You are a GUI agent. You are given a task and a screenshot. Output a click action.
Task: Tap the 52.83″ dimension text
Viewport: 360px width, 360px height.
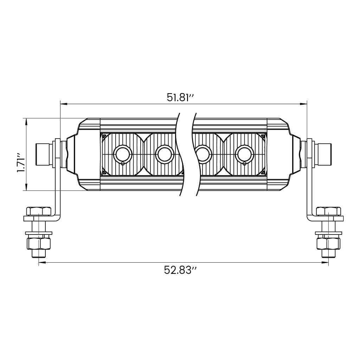click(180, 270)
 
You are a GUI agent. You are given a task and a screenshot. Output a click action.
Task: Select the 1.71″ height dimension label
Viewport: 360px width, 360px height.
click(21, 163)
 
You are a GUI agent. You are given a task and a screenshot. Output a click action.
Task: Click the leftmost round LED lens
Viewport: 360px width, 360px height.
click(122, 154)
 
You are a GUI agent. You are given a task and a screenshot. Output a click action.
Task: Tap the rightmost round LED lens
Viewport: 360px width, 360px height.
click(245, 154)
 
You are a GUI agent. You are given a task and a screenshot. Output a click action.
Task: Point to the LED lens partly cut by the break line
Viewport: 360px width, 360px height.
click(202, 154)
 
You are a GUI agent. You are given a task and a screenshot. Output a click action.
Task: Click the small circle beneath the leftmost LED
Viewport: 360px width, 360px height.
click(122, 163)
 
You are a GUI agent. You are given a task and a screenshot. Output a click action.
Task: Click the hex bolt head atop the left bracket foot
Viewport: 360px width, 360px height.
click(39, 211)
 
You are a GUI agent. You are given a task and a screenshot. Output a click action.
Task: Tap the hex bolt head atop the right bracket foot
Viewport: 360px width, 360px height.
click(328, 211)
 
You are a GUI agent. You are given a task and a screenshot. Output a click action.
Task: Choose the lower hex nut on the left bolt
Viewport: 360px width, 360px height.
click(39, 243)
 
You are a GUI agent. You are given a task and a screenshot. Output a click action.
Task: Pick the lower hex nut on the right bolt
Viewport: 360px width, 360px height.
click(328, 243)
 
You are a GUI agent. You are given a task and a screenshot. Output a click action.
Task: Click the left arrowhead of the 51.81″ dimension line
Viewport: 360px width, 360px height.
click(63, 104)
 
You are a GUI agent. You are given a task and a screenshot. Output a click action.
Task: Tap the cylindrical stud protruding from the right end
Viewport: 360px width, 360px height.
click(324, 154)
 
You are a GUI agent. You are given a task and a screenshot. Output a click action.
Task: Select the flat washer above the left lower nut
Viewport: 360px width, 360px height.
click(39, 233)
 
